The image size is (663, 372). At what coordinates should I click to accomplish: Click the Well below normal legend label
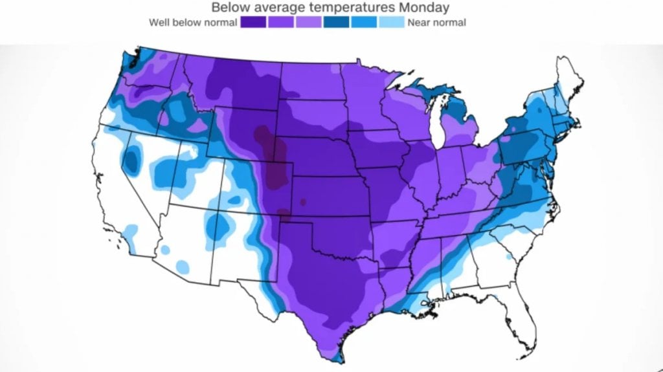click(x=192, y=23)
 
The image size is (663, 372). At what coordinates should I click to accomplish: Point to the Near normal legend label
click(x=436, y=23)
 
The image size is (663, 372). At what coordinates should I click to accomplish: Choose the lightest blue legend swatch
click(x=391, y=23)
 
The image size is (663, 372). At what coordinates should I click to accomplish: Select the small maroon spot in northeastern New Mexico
click(x=282, y=213)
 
